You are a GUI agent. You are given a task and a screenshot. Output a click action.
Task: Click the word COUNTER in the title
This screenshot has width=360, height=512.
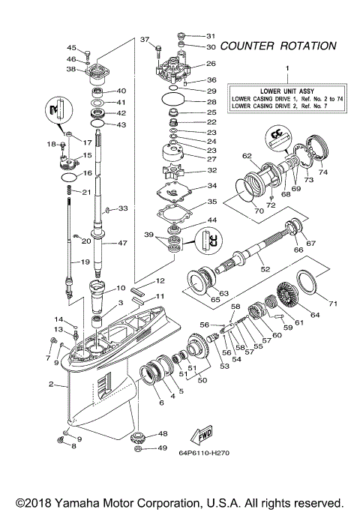click(x=247, y=46)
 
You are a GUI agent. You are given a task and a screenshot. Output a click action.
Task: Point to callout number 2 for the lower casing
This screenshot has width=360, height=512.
click(x=51, y=385)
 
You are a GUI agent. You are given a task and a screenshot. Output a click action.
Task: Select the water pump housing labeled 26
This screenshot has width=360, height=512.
click(x=178, y=71)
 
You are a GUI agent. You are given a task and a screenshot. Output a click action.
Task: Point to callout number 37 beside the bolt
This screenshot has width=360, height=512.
click(x=145, y=39)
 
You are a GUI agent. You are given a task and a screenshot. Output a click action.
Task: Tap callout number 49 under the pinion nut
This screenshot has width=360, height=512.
click(x=162, y=448)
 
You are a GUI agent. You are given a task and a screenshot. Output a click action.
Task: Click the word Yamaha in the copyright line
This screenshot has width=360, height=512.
click(x=89, y=502)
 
